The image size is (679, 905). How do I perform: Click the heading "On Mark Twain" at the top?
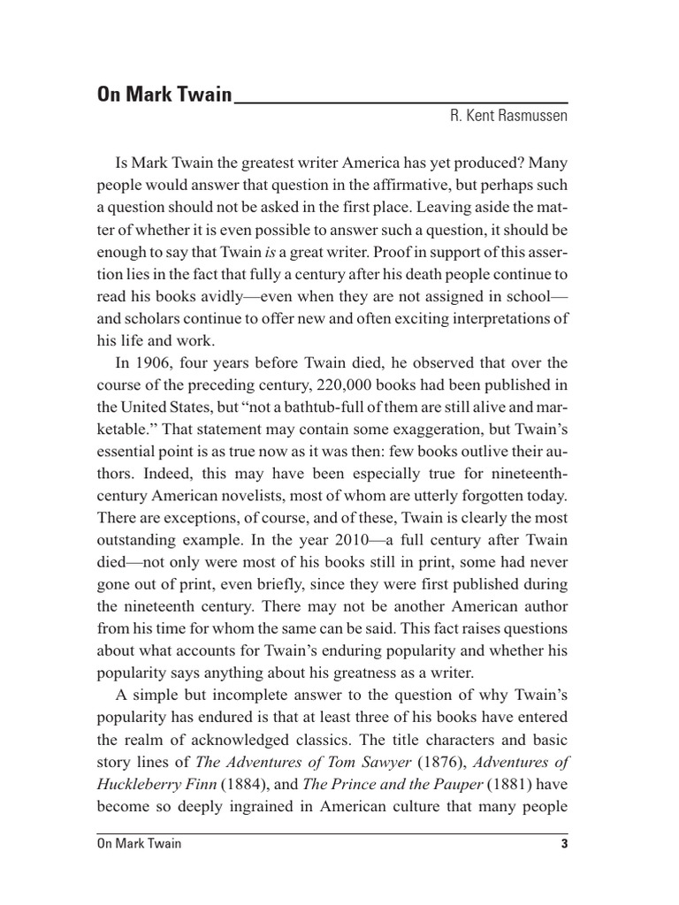pyautogui.click(x=164, y=95)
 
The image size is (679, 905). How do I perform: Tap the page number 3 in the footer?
pyautogui.click(x=563, y=844)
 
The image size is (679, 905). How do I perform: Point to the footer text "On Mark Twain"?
pyautogui.click(x=139, y=844)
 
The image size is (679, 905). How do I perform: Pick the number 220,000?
pyautogui.click(x=332, y=385)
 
